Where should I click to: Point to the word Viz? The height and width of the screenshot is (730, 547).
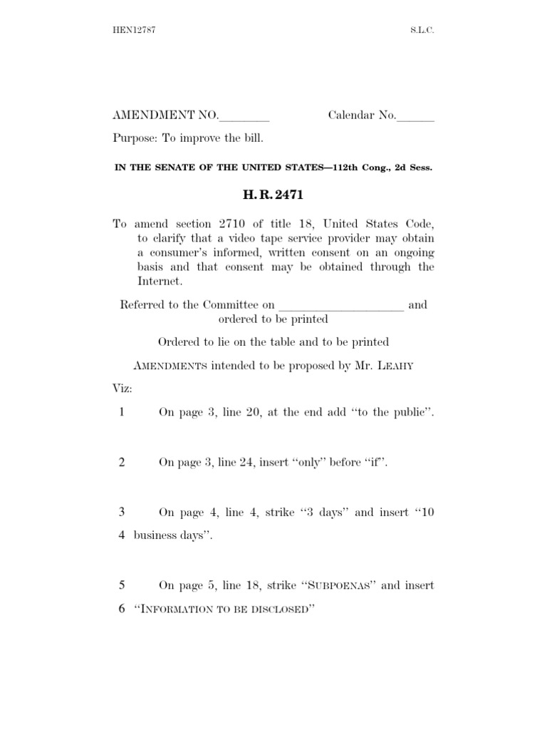tap(123, 389)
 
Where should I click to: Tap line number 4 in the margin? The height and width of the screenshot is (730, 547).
tap(122, 535)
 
